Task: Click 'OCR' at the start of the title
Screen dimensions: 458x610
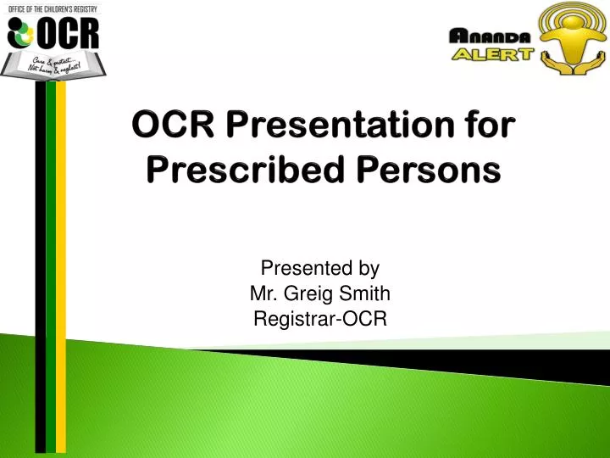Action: tap(169, 130)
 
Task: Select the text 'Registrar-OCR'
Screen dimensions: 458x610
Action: tap(320, 318)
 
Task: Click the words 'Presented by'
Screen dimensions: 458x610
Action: tap(320, 269)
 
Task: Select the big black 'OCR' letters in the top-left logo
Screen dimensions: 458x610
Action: tap(70, 34)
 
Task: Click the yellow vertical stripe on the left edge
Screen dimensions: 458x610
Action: tap(61, 254)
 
